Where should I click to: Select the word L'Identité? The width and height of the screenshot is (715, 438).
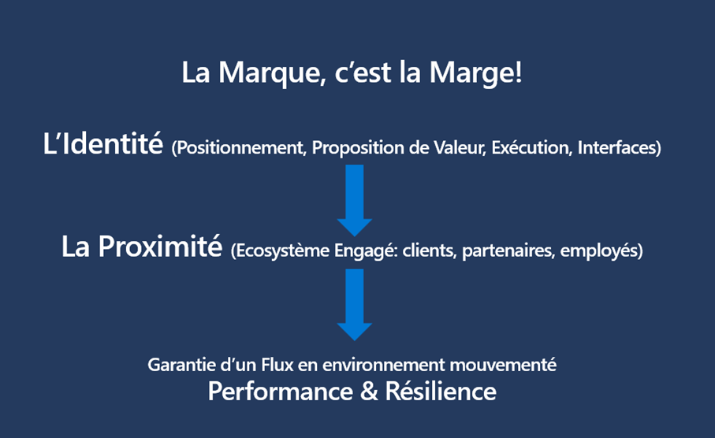103,143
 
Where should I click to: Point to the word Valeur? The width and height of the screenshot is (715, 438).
460,147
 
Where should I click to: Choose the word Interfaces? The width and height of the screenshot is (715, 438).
616,147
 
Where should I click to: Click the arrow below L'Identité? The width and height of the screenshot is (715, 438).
354,201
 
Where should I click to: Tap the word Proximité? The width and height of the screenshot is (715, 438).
160,247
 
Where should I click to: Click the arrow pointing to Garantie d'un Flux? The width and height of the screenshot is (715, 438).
354,304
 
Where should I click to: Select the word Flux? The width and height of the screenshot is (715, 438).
277,365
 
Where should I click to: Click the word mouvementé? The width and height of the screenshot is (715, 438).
502,365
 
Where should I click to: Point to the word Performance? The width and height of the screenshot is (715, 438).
281,392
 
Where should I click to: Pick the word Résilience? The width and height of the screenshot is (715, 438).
441,391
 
